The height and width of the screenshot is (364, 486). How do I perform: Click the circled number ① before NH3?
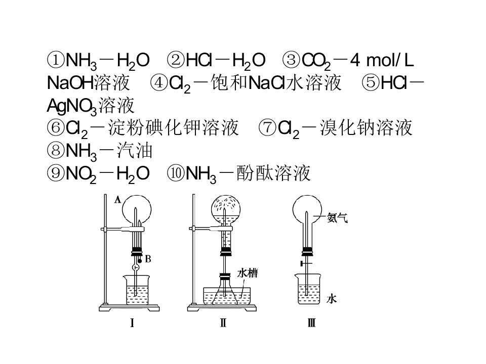coord(56,60)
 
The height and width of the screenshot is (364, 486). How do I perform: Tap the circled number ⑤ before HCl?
coord(371,82)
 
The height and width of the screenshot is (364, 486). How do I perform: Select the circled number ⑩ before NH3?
coord(176,173)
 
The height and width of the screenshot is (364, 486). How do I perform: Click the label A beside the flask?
coord(117,200)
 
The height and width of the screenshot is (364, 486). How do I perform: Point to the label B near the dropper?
coord(148,259)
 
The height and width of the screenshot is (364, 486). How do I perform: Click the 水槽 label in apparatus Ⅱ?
coord(247,273)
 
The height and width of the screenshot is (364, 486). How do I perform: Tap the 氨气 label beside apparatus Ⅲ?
coord(337,218)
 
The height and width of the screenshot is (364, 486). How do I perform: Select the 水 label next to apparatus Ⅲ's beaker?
coord(331,299)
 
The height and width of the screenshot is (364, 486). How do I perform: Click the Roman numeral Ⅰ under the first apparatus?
coord(132,323)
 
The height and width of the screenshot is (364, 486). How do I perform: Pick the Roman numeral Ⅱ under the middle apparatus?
coord(223,323)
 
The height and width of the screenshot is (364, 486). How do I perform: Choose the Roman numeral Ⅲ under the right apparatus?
coord(311,323)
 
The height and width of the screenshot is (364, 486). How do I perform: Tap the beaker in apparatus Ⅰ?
coord(137,290)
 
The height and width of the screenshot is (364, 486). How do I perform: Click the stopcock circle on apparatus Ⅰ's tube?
coord(136,267)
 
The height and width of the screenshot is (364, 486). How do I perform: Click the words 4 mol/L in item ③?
coord(382,60)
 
